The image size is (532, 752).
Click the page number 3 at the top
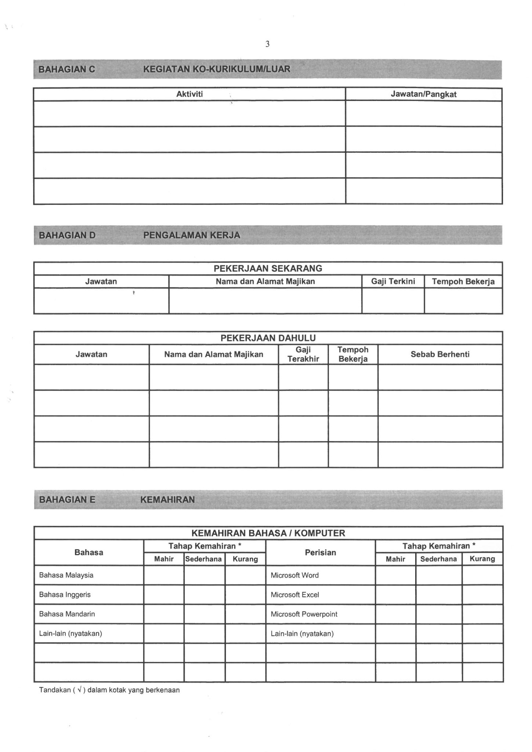[x=267, y=44]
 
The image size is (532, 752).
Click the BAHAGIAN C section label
[x=66, y=69]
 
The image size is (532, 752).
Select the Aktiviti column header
[x=189, y=94]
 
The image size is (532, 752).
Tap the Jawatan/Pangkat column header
[x=423, y=94]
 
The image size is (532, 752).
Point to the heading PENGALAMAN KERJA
[x=191, y=235]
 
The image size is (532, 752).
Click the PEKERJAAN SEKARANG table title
[x=268, y=268]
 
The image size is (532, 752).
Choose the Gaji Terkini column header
[x=393, y=282]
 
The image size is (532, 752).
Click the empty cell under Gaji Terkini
[x=393, y=301]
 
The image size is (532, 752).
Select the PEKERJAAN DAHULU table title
[x=268, y=338]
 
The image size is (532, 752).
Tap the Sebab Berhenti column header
[x=440, y=354]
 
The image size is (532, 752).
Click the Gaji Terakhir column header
[x=303, y=354]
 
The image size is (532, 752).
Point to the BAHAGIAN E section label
[x=67, y=499]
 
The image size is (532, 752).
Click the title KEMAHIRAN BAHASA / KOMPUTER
[x=268, y=533]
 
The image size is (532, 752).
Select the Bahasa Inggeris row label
[x=65, y=594]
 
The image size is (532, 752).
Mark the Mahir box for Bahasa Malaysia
[x=163, y=575]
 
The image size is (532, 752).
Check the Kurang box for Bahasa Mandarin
[x=245, y=614]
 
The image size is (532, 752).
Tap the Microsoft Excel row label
[x=295, y=594]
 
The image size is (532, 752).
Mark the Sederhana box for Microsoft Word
[x=438, y=575]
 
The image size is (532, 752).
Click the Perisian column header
[x=320, y=552]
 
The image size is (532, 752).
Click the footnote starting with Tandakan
[x=109, y=690]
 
